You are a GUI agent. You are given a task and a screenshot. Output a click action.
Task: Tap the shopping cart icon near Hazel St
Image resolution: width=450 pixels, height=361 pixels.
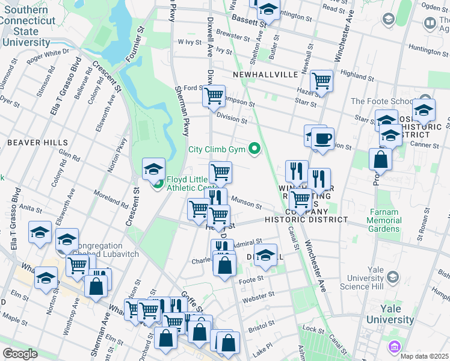click(x=322, y=80)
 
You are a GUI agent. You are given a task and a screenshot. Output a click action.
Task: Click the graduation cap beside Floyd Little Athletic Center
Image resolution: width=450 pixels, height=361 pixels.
click(x=153, y=168)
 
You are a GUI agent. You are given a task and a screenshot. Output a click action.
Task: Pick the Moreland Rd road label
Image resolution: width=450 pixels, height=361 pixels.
click(x=111, y=201)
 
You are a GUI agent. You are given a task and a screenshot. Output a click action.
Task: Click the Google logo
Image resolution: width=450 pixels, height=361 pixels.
click(x=20, y=354)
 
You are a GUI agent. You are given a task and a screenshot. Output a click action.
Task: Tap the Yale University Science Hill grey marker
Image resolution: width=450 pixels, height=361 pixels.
click(x=393, y=277)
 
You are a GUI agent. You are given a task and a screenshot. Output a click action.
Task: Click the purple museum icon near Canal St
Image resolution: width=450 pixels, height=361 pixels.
click(x=395, y=347)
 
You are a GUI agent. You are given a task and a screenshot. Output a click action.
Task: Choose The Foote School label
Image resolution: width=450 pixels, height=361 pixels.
click(x=381, y=101)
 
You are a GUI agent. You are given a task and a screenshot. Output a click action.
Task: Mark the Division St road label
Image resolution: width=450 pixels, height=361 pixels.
click(x=232, y=119)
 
